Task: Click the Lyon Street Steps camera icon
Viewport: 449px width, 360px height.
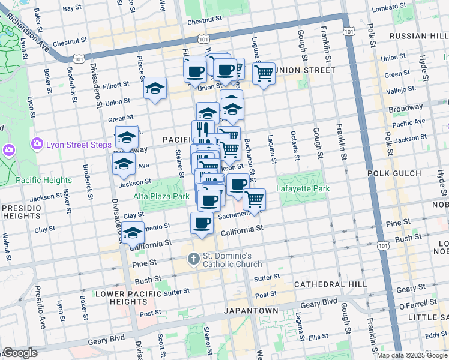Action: [x=37, y=143]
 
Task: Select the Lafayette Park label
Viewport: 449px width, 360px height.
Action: [x=303, y=188]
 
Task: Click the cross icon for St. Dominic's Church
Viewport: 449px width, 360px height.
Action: [x=193, y=259]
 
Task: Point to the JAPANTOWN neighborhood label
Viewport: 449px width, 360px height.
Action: [x=251, y=311]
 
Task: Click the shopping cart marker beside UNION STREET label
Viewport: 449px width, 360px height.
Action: [x=264, y=74]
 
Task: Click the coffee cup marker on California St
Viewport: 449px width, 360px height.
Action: [x=202, y=223]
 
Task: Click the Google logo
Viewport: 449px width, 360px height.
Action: [x=20, y=353]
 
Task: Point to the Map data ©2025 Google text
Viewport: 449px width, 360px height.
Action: [x=412, y=355]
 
